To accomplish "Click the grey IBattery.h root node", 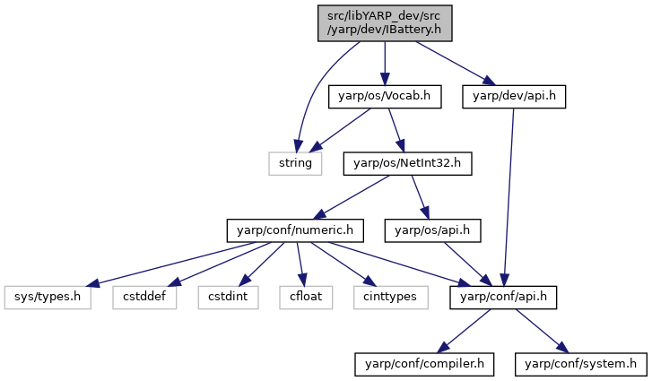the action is (x=385, y=23).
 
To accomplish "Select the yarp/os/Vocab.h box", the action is (x=385, y=97).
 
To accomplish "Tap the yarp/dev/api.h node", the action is (x=514, y=97).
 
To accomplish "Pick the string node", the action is (x=295, y=164).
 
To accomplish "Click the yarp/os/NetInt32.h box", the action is (x=407, y=164).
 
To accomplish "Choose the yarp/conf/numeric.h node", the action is (x=295, y=230).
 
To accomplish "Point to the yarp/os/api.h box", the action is (x=432, y=230).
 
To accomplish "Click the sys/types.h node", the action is (x=48, y=298).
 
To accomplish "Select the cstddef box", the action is (x=144, y=298).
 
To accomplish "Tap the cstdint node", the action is (x=228, y=298).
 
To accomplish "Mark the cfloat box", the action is (x=306, y=298).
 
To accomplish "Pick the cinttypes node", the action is (x=390, y=298).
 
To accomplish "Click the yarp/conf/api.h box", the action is (x=503, y=298).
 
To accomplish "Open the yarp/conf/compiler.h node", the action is (x=424, y=364).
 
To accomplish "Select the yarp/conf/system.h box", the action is (x=581, y=364).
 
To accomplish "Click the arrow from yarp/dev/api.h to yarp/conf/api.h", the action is (x=509, y=197).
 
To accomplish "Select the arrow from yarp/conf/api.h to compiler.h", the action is (x=465, y=331).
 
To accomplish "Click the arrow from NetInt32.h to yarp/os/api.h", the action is (x=420, y=197).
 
